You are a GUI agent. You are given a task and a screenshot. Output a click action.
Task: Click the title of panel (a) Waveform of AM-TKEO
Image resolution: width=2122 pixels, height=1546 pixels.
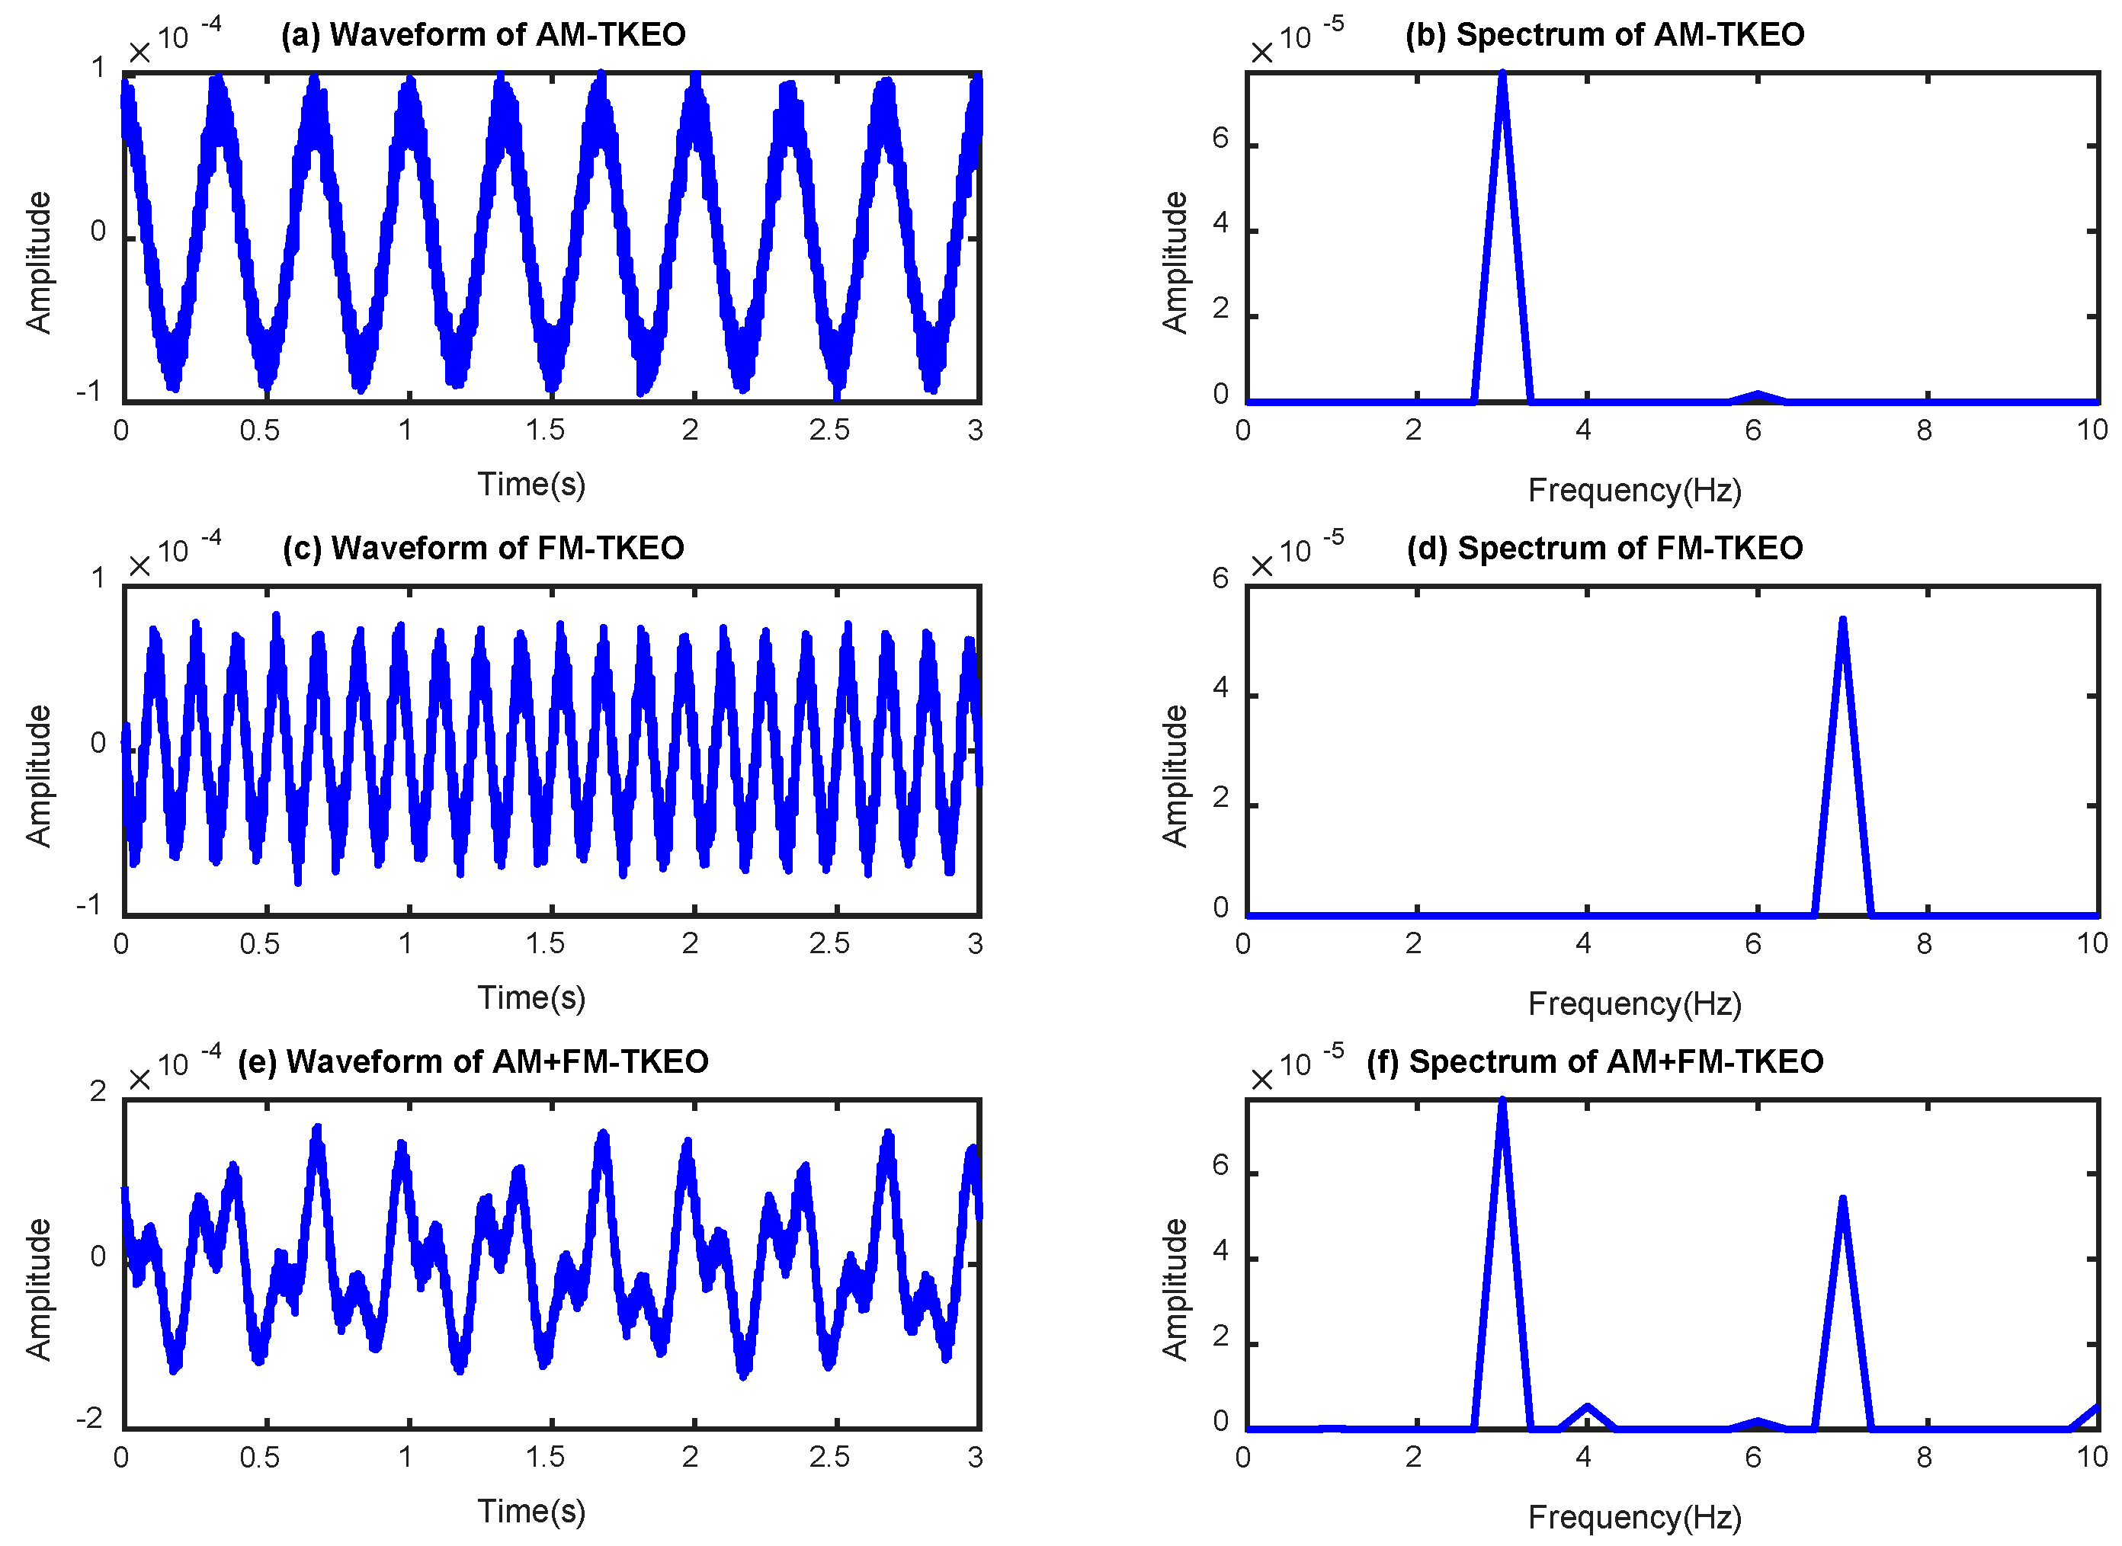[483, 34]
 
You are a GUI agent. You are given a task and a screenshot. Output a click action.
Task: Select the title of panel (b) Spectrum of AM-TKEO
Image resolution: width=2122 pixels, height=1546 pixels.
[1604, 34]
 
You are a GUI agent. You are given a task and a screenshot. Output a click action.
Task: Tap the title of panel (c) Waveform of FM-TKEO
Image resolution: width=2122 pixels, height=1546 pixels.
[483, 549]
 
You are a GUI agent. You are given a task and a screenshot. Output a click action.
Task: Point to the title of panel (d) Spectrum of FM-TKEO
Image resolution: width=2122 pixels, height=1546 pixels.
[1604, 549]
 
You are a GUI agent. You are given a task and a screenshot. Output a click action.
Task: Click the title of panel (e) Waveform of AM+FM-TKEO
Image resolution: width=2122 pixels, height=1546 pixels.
[473, 1062]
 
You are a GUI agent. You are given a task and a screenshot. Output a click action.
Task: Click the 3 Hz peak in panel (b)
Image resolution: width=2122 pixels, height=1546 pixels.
[1502, 75]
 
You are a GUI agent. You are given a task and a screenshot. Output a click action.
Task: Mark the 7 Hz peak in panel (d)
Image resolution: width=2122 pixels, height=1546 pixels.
[1842, 622]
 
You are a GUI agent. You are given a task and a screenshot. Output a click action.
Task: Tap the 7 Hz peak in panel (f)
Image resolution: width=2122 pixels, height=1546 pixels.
[1842, 1202]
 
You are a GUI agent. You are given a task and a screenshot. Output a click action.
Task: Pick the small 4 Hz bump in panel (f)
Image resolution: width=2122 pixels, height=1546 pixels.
[1588, 1408]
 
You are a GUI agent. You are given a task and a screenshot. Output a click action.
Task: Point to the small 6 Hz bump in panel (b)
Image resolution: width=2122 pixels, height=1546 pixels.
[1758, 395]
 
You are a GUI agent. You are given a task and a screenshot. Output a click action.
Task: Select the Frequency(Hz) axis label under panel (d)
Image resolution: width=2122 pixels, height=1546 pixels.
[1634, 1004]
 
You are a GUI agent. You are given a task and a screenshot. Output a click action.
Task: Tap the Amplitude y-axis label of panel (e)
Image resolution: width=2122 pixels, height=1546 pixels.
[38, 1289]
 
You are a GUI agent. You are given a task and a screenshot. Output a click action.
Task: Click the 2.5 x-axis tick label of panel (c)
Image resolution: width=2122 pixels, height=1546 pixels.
[829, 944]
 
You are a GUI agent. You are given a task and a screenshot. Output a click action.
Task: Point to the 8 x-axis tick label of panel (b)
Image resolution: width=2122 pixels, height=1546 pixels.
[1925, 431]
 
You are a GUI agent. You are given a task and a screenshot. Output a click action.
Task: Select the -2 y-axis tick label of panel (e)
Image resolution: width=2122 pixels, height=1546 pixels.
[90, 1419]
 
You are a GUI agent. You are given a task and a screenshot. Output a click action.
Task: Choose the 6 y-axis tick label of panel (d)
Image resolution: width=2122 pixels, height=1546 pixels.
[1220, 579]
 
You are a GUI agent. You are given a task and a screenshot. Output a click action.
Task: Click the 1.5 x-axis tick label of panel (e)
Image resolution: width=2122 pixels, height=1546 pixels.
[545, 1457]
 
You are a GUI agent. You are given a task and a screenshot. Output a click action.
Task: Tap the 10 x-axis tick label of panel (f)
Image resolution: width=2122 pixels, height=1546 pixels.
[2093, 1457]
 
